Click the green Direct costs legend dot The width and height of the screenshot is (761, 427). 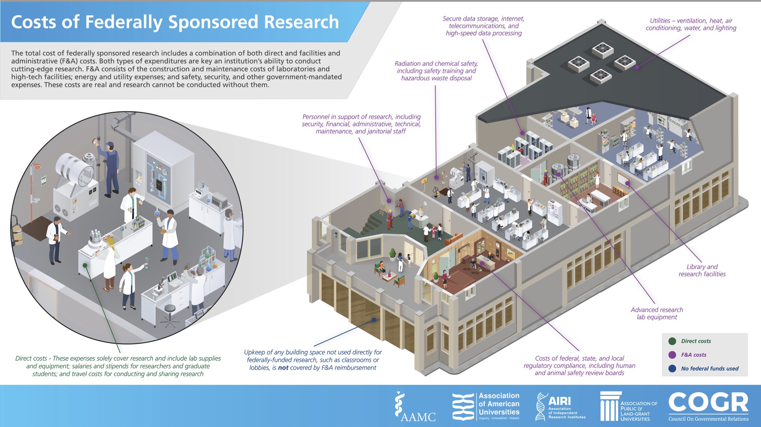coord(672,341)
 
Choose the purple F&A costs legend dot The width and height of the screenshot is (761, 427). coord(672,355)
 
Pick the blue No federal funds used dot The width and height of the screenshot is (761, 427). coord(672,368)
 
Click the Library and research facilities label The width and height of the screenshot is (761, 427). coord(702,270)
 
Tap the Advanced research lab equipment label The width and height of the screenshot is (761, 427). coord(657,313)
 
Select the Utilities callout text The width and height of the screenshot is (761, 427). coord(691,24)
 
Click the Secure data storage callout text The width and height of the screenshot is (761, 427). coord(483,26)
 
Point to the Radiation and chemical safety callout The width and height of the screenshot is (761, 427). coord(436,71)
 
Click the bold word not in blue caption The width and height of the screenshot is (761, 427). coord(283,367)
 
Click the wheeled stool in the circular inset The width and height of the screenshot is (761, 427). coord(169,317)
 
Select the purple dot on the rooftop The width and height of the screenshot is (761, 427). coord(637,67)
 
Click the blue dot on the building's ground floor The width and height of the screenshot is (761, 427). coord(373,320)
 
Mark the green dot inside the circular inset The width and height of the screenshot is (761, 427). coord(85,265)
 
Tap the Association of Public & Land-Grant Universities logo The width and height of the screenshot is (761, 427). coord(629,406)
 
